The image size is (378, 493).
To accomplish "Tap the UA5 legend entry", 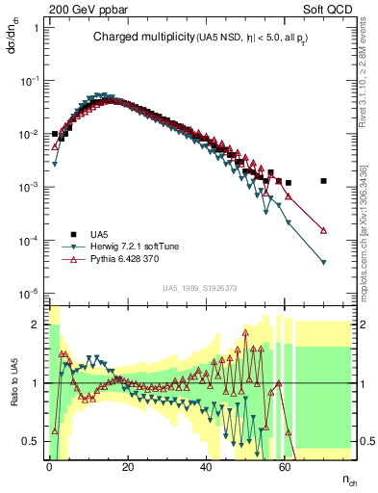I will click(x=99, y=233).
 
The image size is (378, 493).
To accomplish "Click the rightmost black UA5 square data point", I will click(x=324, y=181).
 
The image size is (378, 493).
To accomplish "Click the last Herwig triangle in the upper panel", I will click(x=324, y=262).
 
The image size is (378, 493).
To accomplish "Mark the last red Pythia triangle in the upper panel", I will click(x=324, y=230).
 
